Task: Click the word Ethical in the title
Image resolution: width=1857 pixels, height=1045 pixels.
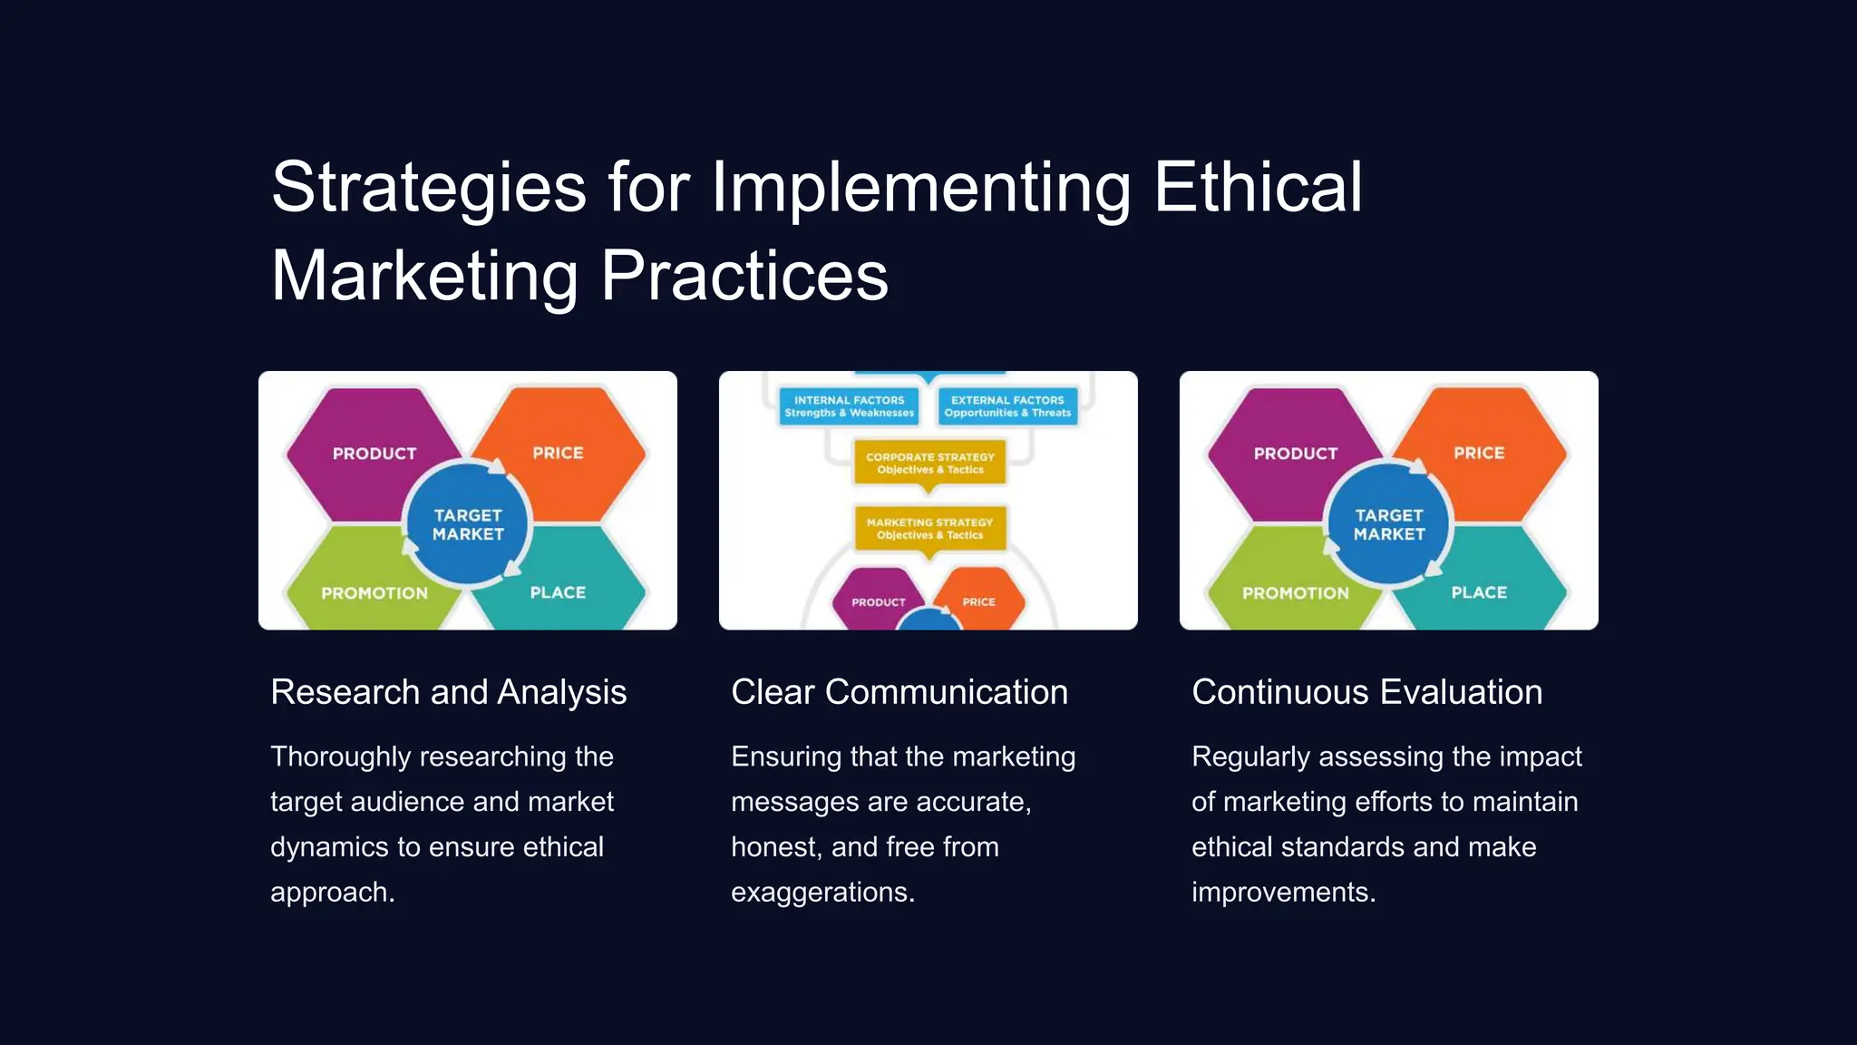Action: tap(1258, 187)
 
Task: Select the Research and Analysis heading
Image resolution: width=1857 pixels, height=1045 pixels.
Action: tap(448, 692)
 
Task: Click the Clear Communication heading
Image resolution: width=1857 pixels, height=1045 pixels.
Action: tap(899, 692)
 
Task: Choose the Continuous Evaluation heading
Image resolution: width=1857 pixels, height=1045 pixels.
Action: tap(1366, 692)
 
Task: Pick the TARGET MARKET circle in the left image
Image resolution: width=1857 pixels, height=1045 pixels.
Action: tap(467, 524)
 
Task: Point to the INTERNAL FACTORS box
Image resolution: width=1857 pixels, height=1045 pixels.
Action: tap(849, 406)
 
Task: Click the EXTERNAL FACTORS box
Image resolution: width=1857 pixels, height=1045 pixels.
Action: tap(1007, 406)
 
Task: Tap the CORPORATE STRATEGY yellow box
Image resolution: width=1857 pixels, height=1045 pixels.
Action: tap(929, 463)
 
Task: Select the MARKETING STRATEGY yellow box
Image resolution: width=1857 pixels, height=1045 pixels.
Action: tap(929, 528)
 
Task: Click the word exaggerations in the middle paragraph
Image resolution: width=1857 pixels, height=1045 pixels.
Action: tap(821, 893)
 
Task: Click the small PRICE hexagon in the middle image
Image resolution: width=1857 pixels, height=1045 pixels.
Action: tap(979, 601)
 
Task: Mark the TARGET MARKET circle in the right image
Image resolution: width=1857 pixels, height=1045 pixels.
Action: tap(1388, 524)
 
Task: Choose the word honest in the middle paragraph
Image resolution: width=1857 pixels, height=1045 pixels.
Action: tap(773, 847)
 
